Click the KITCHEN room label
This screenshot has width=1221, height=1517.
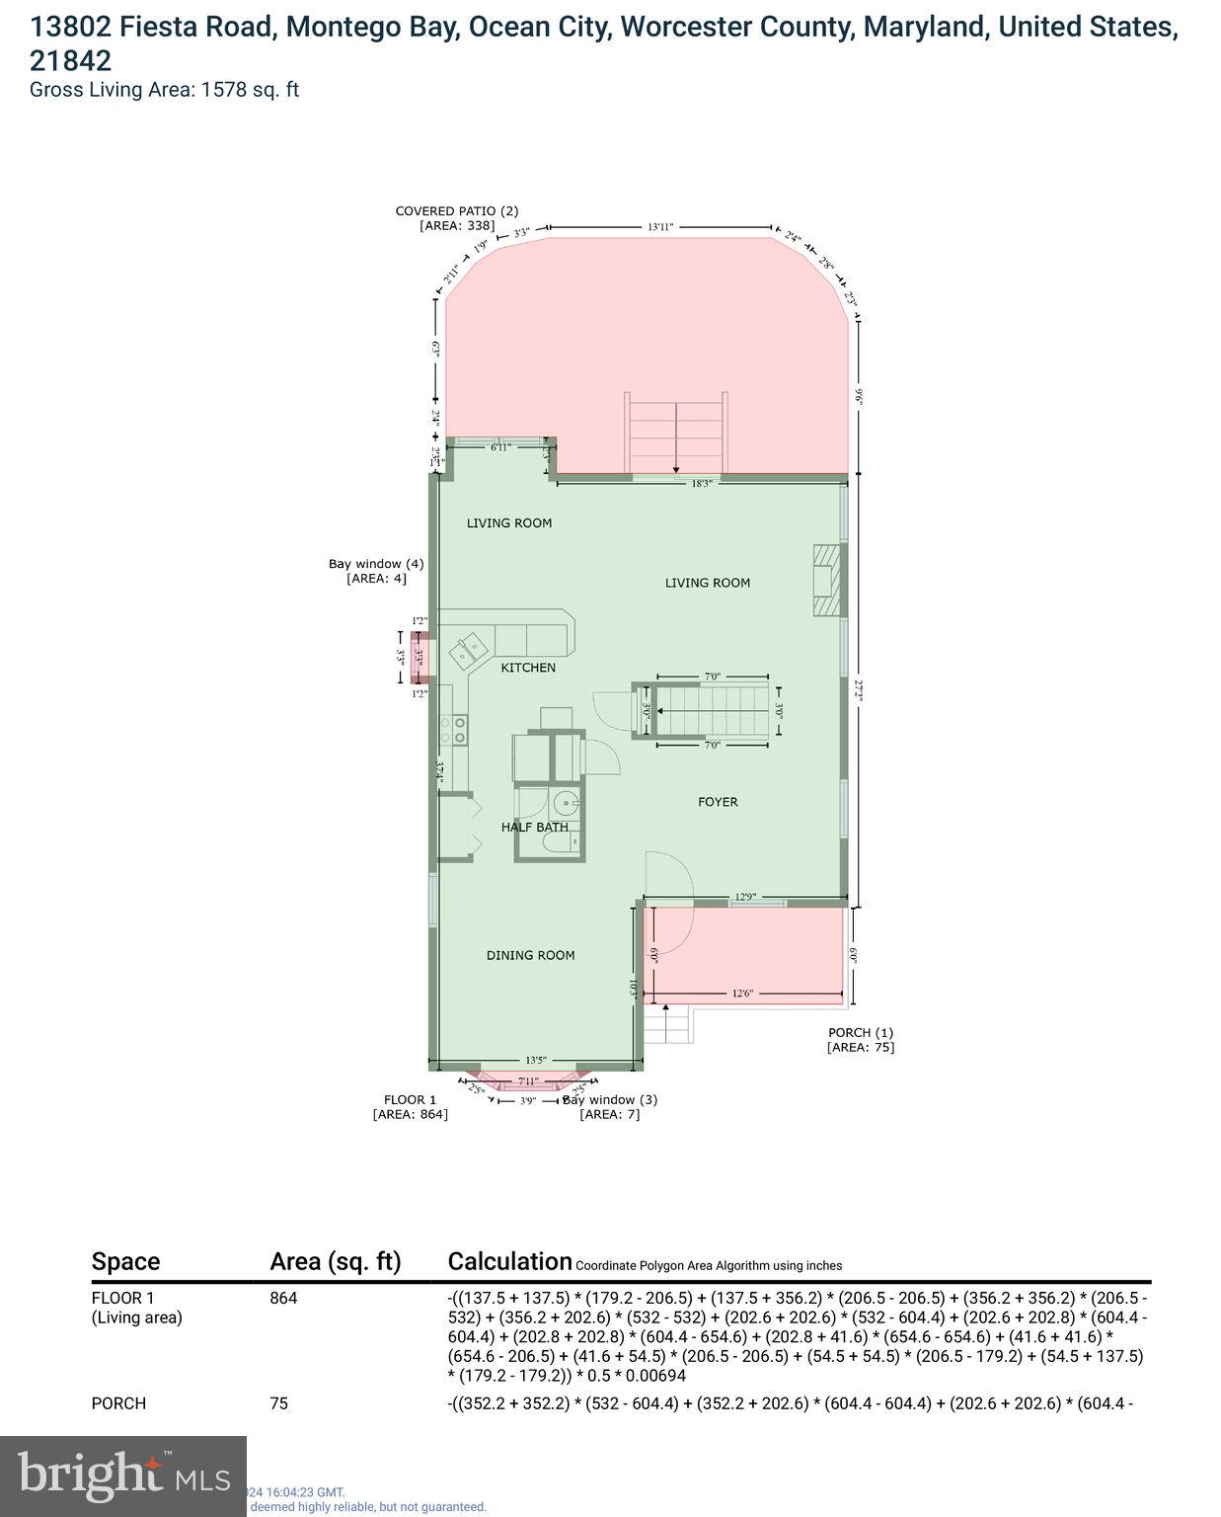tap(528, 668)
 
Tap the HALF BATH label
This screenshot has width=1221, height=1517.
tap(534, 827)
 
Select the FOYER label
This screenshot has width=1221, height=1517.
tap(718, 802)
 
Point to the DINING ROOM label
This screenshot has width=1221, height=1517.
tap(530, 955)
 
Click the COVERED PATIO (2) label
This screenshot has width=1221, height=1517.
tap(456, 210)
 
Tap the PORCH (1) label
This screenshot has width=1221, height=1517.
tap(861, 1033)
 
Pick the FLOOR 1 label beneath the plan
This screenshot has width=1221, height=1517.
tap(410, 1099)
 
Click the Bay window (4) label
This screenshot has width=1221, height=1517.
tap(376, 564)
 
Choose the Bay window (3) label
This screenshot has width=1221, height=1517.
tap(610, 1099)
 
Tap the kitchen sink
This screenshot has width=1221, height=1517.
tap(466, 651)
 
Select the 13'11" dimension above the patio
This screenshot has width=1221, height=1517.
tap(659, 227)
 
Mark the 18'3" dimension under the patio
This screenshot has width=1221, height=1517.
tap(701, 484)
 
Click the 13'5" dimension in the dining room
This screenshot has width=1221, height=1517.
tap(536, 1059)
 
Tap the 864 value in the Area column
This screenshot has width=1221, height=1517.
tap(283, 1298)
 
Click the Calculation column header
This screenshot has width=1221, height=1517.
tap(509, 1261)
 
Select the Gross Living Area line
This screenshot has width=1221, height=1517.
tap(164, 90)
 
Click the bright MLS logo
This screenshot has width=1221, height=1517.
tap(123, 1476)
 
